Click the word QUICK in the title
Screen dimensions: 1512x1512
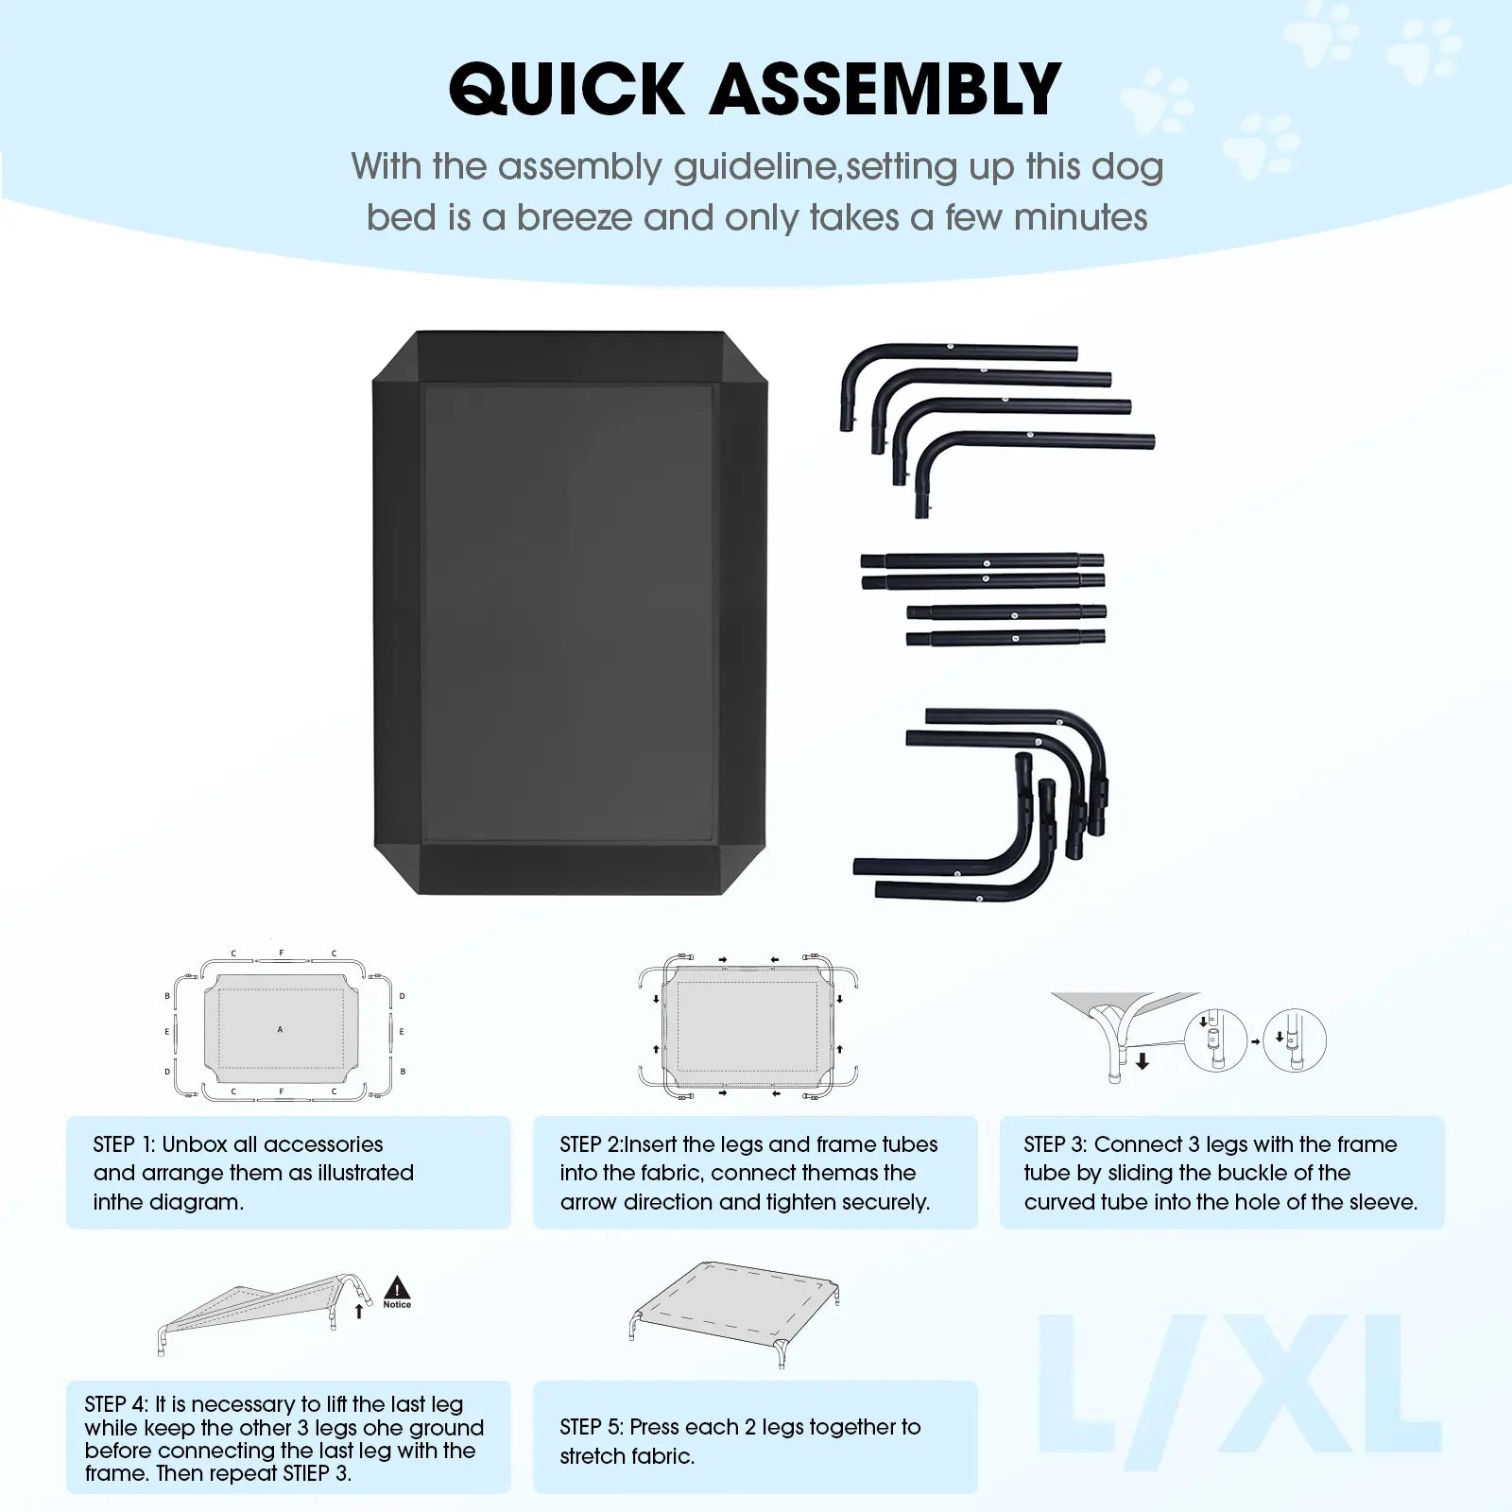tap(565, 90)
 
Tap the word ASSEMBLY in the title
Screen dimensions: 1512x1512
tap(885, 90)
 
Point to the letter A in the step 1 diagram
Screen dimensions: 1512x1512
tap(280, 1029)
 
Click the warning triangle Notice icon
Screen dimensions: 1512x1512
tap(397, 1293)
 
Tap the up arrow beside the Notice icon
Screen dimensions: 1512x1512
tap(358, 1311)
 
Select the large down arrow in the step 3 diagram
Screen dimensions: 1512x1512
tap(1143, 1060)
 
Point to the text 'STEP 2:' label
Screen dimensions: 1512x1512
tap(592, 1144)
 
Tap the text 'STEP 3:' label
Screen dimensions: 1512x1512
tap(1056, 1144)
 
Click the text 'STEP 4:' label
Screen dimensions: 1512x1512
tap(116, 1405)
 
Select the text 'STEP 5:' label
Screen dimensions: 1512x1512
tap(592, 1427)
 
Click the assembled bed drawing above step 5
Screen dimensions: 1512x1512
tap(733, 1314)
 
